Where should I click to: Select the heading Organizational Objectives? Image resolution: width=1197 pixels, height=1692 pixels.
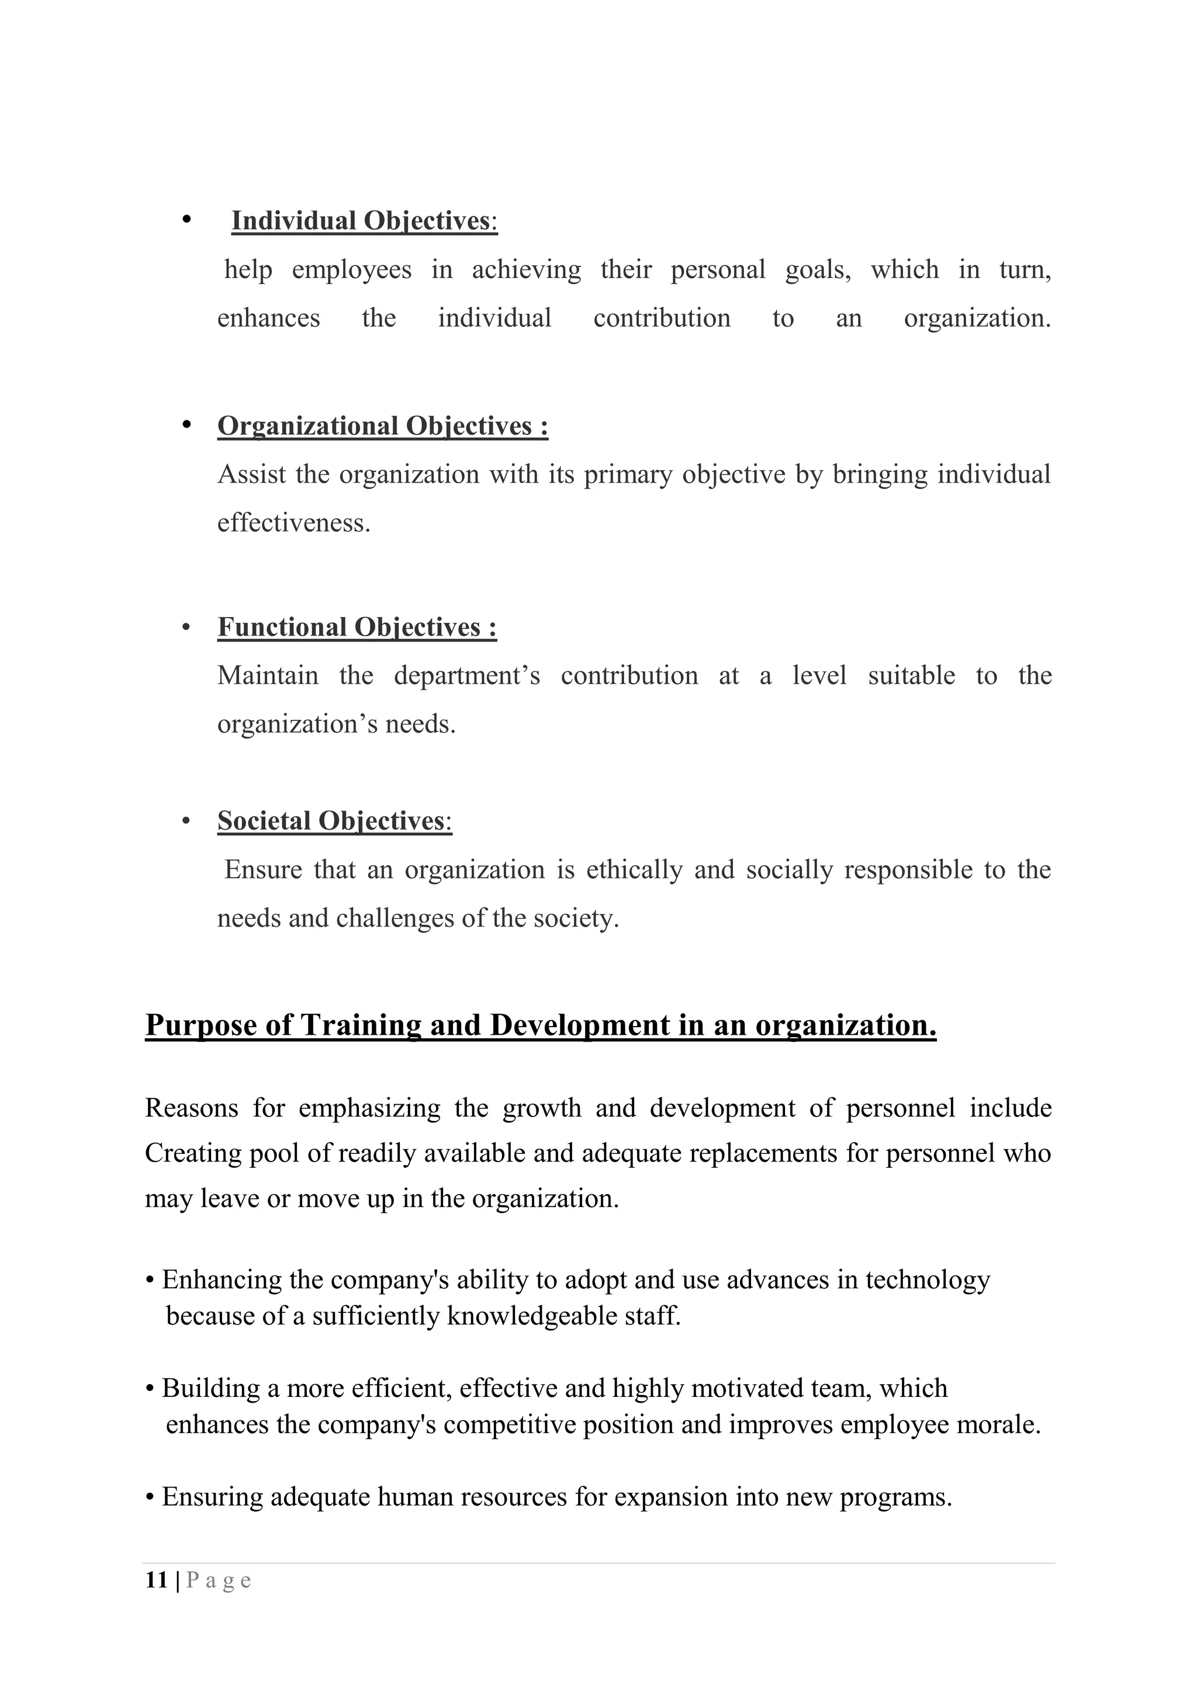coord(382,426)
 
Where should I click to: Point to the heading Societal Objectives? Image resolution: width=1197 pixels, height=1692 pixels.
coord(334,821)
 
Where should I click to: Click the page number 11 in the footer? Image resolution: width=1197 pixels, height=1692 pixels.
coord(156,1580)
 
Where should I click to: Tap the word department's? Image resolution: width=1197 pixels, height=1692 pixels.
coord(466,676)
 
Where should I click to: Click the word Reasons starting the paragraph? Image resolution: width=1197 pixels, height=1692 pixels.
coord(191,1108)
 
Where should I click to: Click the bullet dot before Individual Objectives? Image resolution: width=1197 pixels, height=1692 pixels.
coord(186,220)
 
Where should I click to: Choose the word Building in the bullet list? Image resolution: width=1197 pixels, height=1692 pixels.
coord(211,1388)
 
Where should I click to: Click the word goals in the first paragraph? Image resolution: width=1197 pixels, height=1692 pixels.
coord(817,270)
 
